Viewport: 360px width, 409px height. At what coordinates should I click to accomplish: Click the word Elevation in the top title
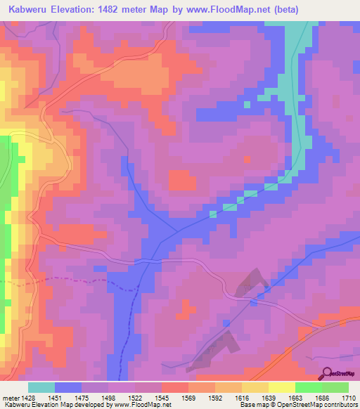point(79,10)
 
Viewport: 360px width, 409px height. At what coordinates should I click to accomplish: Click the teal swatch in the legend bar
point(41,387)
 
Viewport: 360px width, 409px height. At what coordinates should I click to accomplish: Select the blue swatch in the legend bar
point(68,387)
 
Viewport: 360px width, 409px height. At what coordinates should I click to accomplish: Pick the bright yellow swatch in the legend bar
point(281,387)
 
